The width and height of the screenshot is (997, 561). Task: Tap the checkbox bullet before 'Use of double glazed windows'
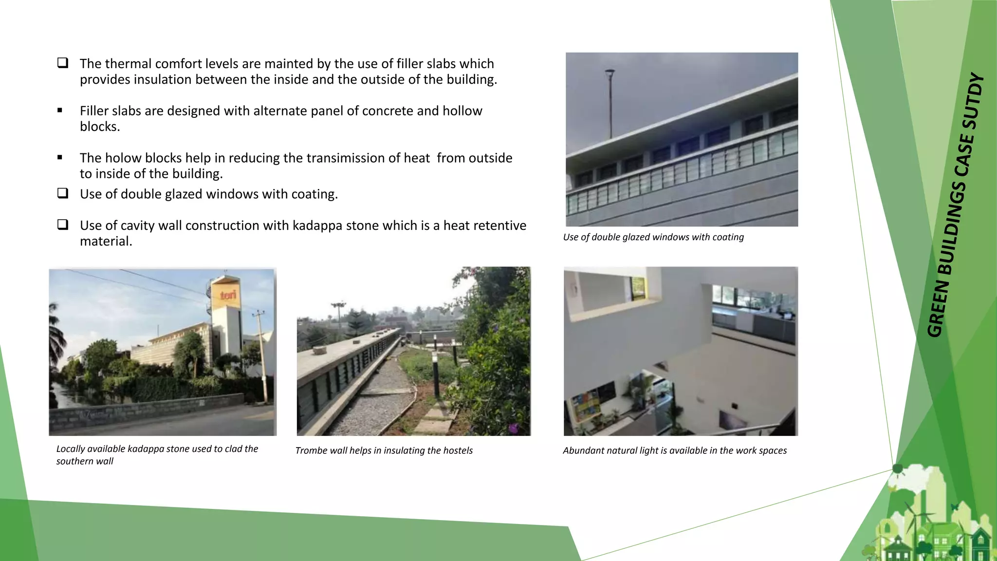click(x=62, y=193)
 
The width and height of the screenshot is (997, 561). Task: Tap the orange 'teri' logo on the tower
click(x=228, y=295)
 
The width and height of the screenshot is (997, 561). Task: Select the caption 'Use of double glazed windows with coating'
click(x=653, y=237)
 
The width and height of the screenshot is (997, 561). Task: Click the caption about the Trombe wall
click(x=384, y=450)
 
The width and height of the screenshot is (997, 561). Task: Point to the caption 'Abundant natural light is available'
click(x=675, y=450)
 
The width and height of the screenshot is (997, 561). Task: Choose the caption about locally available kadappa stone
click(x=157, y=455)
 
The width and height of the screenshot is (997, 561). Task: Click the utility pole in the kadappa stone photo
click(x=263, y=355)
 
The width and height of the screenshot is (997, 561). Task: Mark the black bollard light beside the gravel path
click(x=436, y=375)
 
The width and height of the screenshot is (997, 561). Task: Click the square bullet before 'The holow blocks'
click(x=60, y=157)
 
